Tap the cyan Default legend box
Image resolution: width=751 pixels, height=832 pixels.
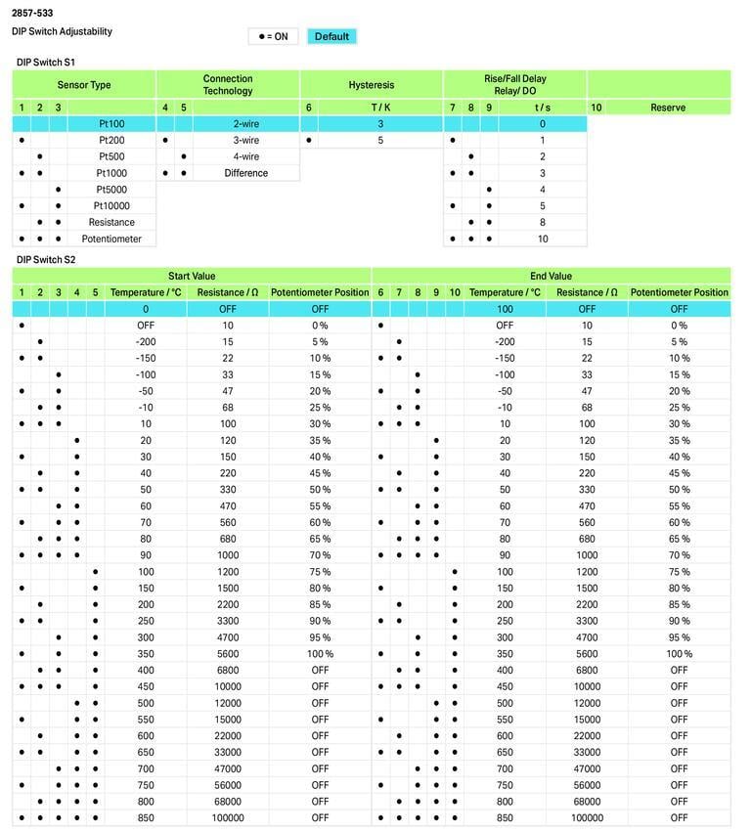point(331,36)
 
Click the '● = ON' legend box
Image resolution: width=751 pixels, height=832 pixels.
point(273,36)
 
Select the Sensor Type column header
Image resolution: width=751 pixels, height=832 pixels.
point(84,85)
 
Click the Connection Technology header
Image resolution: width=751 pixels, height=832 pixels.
point(228,85)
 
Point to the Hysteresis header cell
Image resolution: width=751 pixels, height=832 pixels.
point(372,85)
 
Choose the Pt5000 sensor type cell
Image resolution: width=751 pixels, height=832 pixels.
point(111,190)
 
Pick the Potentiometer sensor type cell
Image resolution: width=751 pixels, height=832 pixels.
point(111,239)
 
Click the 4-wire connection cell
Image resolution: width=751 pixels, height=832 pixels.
point(245,156)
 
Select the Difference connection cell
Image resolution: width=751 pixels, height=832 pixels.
point(245,173)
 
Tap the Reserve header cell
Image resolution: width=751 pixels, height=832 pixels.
point(668,108)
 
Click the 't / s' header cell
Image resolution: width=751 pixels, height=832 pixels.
point(542,108)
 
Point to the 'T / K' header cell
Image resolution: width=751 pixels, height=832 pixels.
point(380,108)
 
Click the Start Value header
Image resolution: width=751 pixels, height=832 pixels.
point(192,277)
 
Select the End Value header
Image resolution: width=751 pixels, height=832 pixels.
point(551,277)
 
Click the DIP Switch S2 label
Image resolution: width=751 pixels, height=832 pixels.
point(46,260)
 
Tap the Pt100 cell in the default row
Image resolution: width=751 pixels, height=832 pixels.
point(111,124)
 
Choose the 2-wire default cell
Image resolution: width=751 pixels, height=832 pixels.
point(245,124)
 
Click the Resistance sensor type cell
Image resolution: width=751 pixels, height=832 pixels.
point(111,222)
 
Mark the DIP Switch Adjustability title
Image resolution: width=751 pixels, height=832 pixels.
point(62,31)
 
